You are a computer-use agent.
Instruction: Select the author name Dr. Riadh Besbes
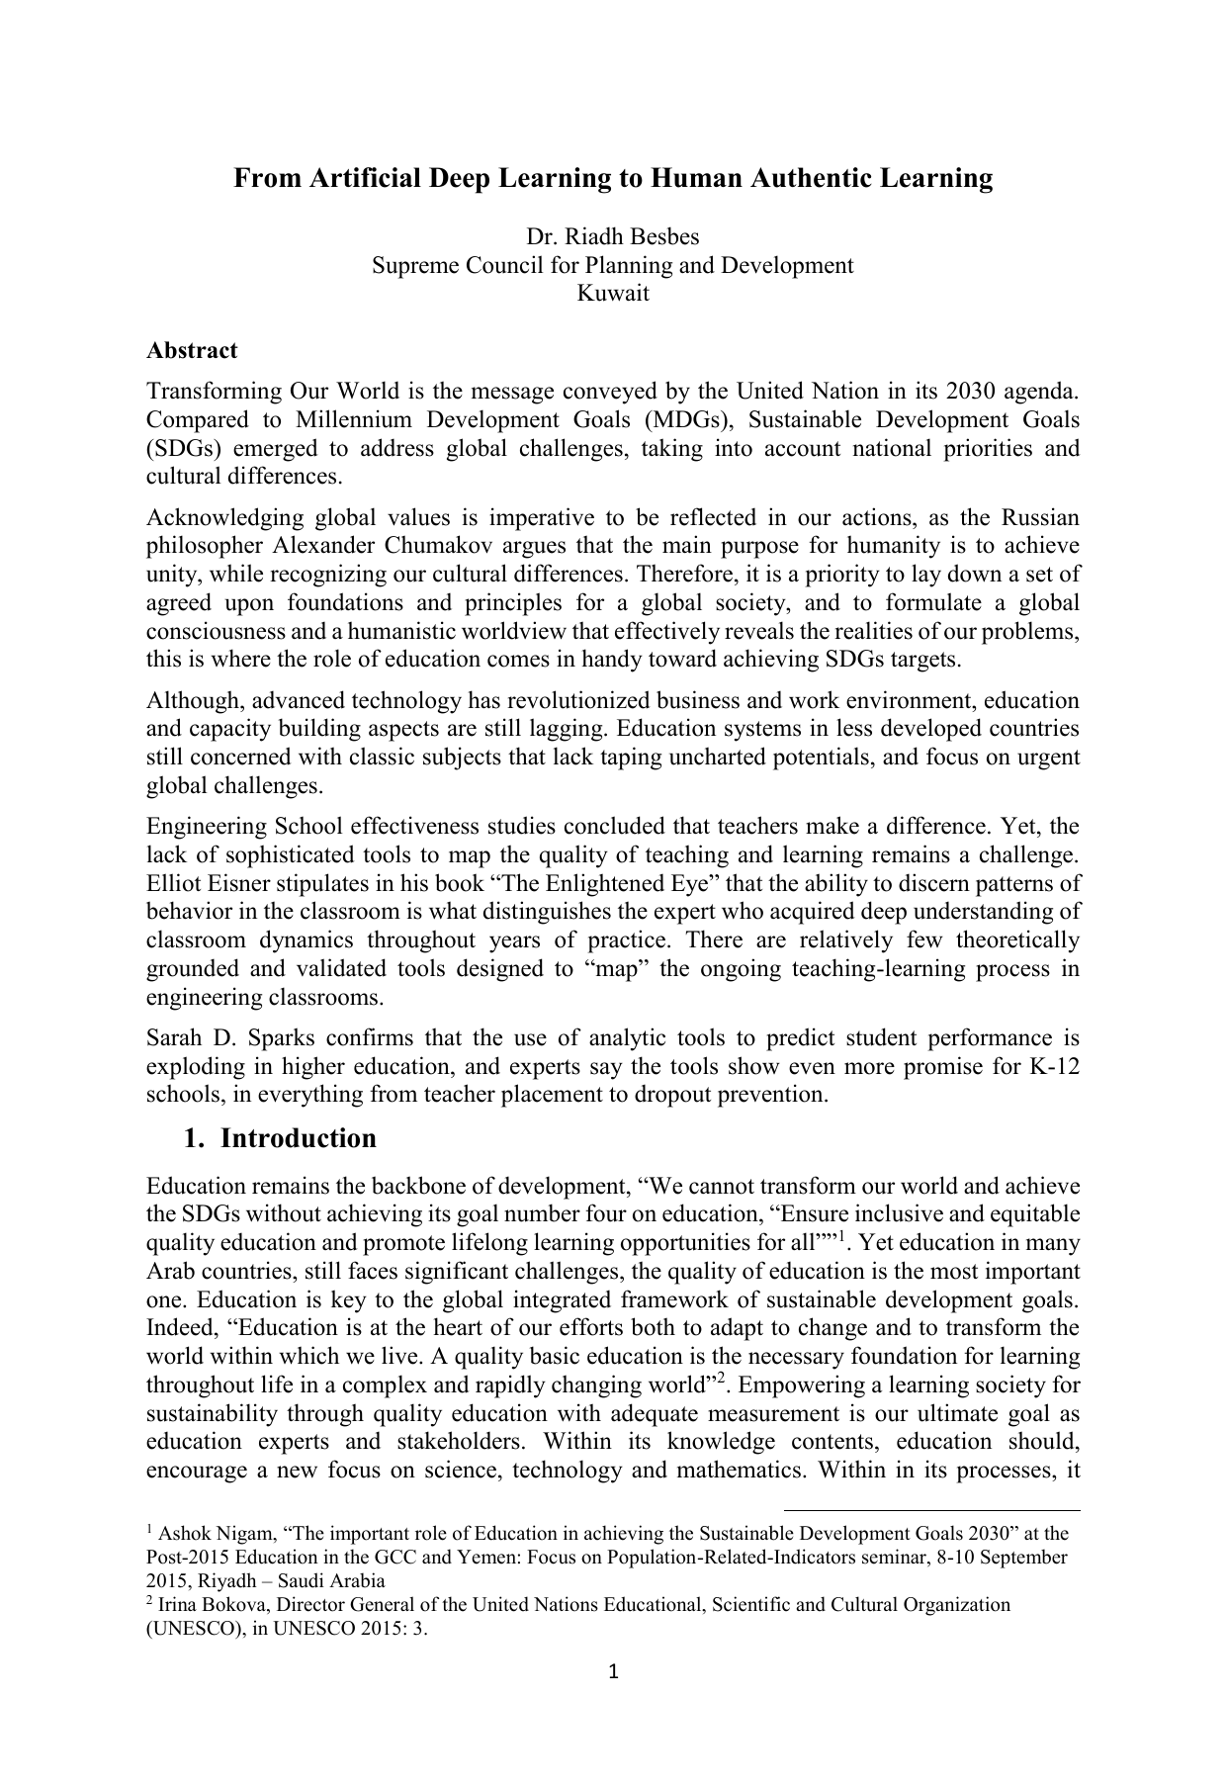coord(612,237)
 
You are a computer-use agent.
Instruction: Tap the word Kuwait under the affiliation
coord(612,294)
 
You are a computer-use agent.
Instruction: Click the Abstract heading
coord(192,351)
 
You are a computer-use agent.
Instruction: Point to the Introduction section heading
coord(298,1138)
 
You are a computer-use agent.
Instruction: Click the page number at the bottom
coord(613,1672)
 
